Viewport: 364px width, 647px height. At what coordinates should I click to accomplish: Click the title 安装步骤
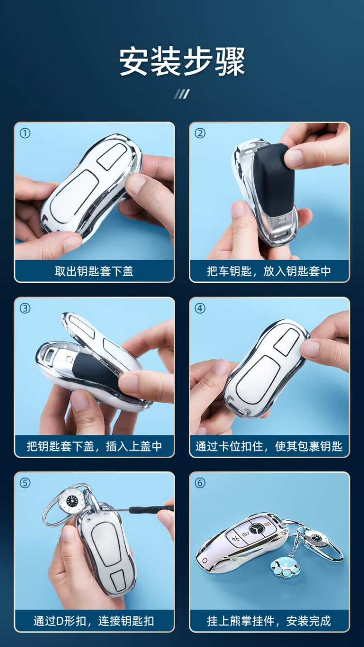pyautogui.click(x=182, y=62)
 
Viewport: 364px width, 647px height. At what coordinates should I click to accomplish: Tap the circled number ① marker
pyautogui.click(x=25, y=133)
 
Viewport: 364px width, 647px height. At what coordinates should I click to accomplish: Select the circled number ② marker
pyautogui.click(x=200, y=133)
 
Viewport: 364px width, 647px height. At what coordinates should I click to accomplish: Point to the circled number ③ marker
pyautogui.click(x=25, y=308)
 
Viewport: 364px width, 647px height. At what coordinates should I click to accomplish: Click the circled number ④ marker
pyautogui.click(x=200, y=308)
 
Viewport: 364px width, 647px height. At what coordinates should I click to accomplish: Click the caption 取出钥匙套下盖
pyautogui.click(x=94, y=271)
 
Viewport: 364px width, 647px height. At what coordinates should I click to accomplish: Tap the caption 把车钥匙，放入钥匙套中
pyautogui.click(x=269, y=271)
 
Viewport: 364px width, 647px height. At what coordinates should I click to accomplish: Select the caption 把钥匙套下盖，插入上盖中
pyautogui.click(x=94, y=446)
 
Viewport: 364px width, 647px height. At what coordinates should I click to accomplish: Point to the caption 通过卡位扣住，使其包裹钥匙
pyautogui.click(x=269, y=446)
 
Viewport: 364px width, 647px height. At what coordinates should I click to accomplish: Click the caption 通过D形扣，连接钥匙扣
pyautogui.click(x=94, y=621)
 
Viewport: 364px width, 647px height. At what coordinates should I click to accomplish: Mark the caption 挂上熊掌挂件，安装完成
pyautogui.click(x=269, y=621)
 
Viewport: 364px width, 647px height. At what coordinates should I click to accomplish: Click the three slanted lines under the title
pyautogui.click(x=182, y=94)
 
